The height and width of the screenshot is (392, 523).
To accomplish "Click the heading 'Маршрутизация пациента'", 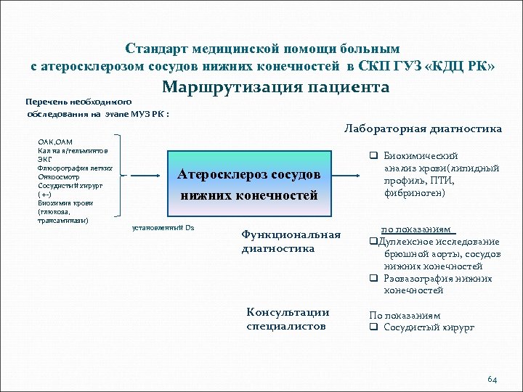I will point(275,88).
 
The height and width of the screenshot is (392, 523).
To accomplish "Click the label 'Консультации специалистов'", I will point(287,319).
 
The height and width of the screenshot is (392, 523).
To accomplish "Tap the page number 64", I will point(492,379).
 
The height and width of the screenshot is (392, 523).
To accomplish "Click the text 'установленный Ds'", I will point(163,228).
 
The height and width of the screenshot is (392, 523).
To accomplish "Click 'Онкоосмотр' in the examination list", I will point(57,175).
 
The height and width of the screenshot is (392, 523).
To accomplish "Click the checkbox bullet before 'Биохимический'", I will point(371,156).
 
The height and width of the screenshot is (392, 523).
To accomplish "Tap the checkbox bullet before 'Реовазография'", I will point(373,279).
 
